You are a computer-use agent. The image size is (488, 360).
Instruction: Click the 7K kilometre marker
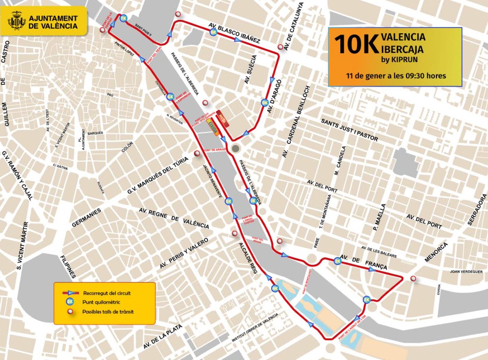pos(123,18)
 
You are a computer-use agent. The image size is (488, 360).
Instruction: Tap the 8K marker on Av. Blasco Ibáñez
pos(213,32)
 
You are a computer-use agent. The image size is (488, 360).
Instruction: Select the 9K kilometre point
pos(265,103)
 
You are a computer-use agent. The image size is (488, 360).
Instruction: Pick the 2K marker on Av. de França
pos(338,261)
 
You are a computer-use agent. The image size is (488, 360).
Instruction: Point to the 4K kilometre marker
pos(275,288)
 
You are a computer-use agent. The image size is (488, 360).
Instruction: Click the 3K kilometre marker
pos(367,300)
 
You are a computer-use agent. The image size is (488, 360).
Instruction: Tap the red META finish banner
pos(222,117)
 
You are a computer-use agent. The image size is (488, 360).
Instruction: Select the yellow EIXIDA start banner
pos(211,129)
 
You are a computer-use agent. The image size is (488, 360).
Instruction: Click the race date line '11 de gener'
pos(395,76)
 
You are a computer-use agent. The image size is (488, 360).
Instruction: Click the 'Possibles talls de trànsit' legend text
pos(108,312)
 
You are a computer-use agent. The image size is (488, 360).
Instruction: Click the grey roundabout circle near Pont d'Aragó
pos(235,148)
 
